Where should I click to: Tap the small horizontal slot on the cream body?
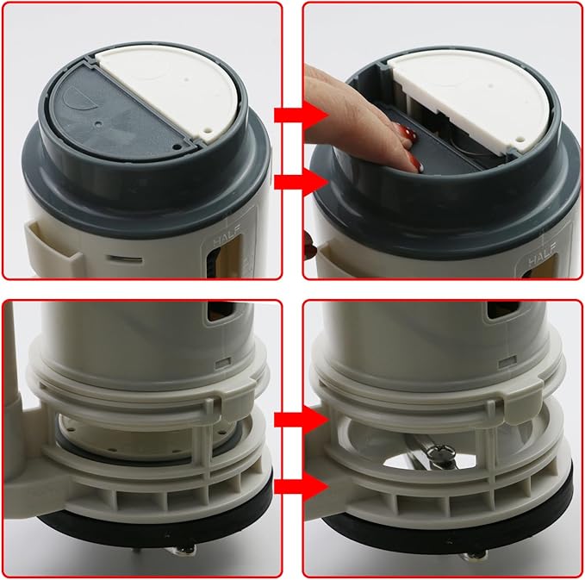pyautogui.click(x=125, y=257)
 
